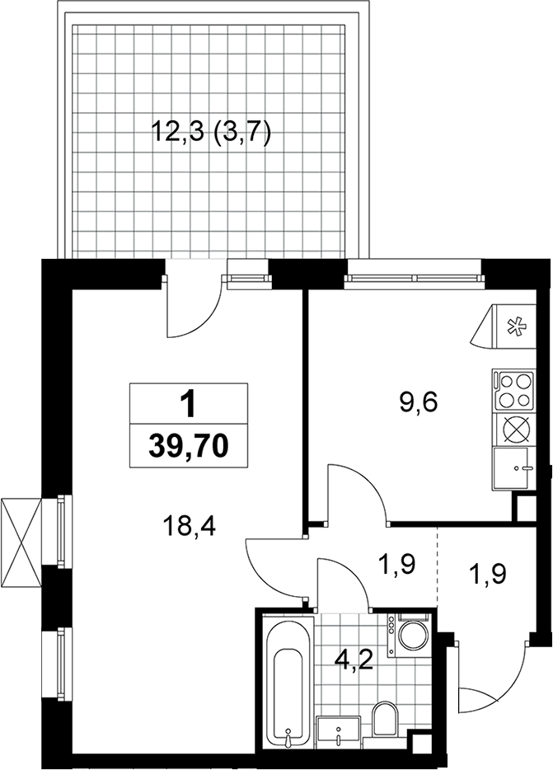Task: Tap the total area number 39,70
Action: click(x=189, y=446)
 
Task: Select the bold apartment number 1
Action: click(x=188, y=405)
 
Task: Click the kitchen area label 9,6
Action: click(x=419, y=404)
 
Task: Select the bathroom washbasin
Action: click(x=339, y=730)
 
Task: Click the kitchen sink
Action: click(x=513, y=468)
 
